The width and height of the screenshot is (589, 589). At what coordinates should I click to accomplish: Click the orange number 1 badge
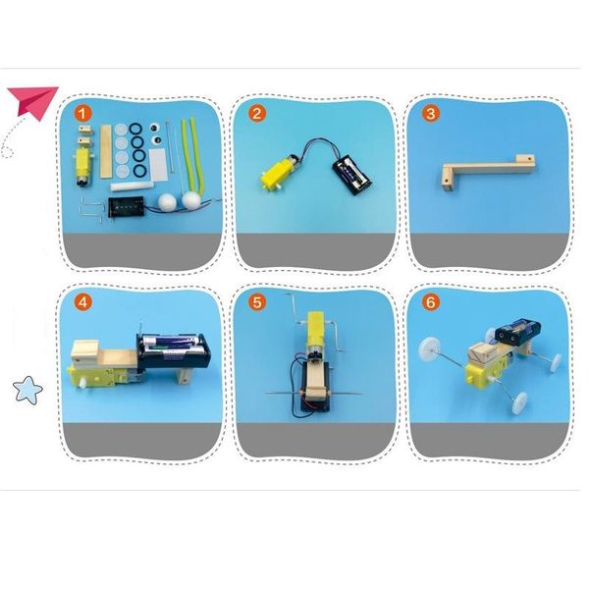(83, 114)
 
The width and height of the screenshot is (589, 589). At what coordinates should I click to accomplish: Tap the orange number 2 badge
(257, 114)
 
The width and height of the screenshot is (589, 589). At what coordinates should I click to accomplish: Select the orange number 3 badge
(431, 114)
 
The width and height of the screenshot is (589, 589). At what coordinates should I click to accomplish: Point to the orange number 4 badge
(83, 302)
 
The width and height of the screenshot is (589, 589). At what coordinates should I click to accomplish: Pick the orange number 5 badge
(257, 302)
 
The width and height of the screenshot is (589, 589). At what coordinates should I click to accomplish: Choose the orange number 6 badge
(431, 302)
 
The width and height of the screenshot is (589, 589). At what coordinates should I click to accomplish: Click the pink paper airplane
(33, 102)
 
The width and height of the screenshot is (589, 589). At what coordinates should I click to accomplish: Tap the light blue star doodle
(27, 390)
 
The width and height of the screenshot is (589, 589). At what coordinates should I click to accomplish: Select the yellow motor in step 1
(81, 167)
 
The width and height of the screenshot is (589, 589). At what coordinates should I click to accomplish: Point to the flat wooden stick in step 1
(106, 151)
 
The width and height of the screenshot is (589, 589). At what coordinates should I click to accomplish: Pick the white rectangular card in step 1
(158, 164)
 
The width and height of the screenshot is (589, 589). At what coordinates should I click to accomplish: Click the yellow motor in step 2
(282, 172)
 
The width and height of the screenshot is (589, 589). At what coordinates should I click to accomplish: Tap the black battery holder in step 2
(352, 176)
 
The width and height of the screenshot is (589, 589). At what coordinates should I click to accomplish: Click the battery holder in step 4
(173, 351)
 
